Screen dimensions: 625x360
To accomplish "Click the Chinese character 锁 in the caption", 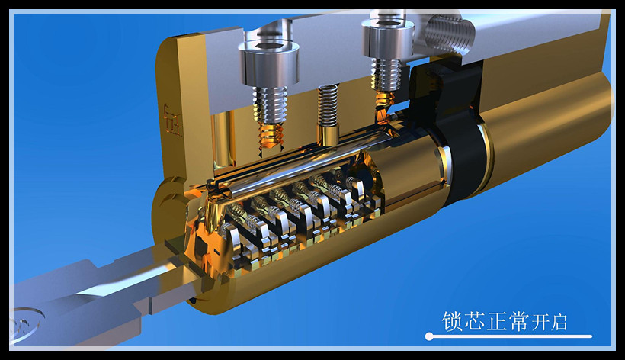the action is coord(452,321).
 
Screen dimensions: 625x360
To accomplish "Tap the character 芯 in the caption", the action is coord(474,321).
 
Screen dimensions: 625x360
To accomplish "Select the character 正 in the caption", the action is coord(496,321).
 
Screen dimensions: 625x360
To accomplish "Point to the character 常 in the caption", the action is coord(518,321).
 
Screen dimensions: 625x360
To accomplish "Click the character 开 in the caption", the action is coord(540,323).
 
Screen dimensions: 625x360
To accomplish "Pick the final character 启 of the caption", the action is coord(559,323).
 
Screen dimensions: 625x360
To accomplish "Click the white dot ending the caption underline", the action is coord(429,336).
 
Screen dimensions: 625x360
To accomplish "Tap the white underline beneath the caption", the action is coord(508,336).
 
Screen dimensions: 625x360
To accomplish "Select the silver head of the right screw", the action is coord(387,37).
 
